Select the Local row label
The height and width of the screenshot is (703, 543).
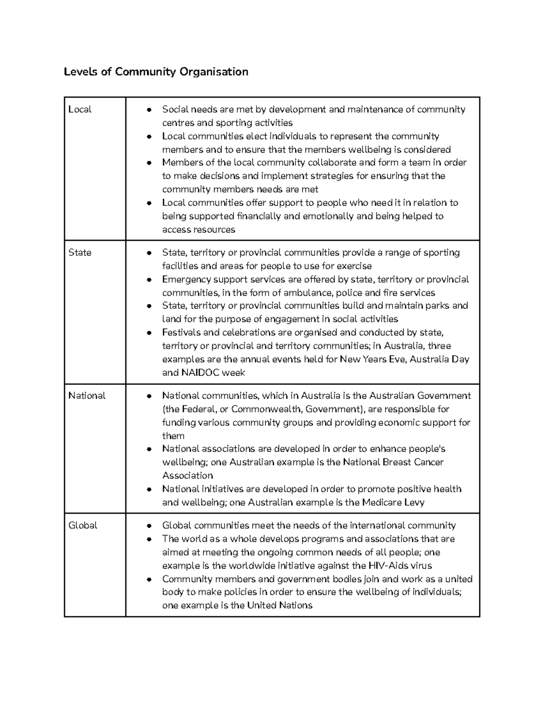(x=80, y=110)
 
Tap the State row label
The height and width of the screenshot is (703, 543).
(x=80, y=253)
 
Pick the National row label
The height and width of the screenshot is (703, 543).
(x=87, y=396)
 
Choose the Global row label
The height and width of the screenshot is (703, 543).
(x=83, y=526)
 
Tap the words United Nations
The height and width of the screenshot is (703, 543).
(x=280, y=606)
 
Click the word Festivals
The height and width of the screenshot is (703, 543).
(x=181, y=333)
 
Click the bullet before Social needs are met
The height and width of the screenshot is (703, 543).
(x=149, y=110)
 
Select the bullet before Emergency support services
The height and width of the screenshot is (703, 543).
(x=149, y=280)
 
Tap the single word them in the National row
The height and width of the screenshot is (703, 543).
(x=173, y=436)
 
